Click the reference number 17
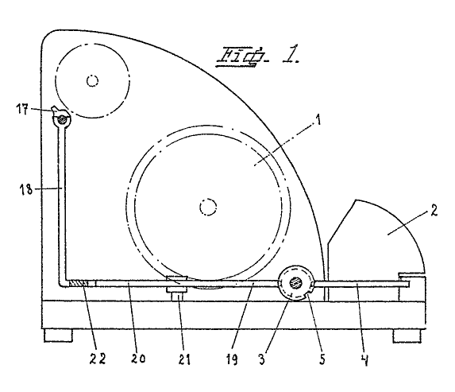point(22,110)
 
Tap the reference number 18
point(25,190)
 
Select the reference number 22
point(97,359)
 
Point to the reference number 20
point(138,359)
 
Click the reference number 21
point(184,359)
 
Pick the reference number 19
point(232,359)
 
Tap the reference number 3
point(262,359)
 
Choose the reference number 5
point(322,359)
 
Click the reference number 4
point(365,360)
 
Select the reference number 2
point(434,211)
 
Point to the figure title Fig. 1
point(258,56)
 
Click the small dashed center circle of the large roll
point(208,207)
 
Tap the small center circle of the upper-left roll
point(92,81)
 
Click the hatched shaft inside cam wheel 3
point(295,281)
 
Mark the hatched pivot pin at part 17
point(62,118)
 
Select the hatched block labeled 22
point(78,283)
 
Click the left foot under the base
point(58,336)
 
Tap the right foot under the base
point(407,336)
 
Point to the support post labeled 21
point(177,294)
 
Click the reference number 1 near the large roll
point(318,119)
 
